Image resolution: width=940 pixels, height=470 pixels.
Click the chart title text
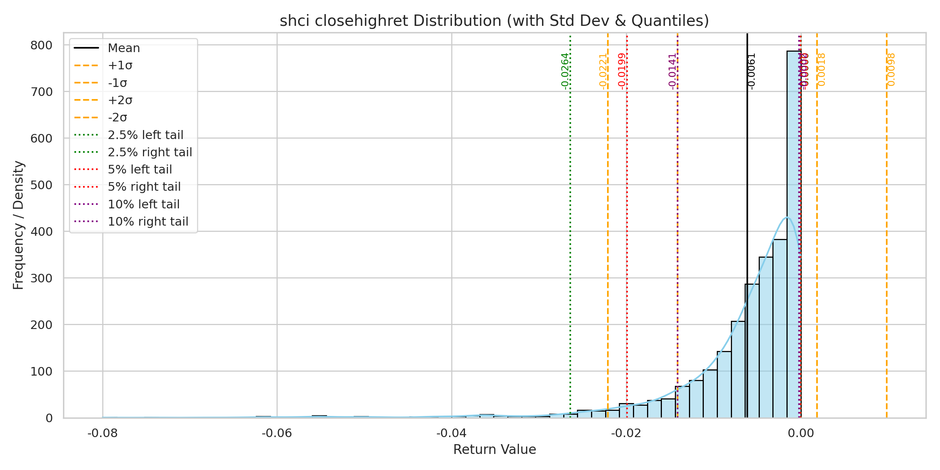[494, 21]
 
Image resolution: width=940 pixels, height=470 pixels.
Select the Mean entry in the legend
[124, 48]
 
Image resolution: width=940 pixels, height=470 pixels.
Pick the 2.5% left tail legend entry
[145, 135]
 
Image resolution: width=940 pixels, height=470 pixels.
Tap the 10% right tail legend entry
[148, 222]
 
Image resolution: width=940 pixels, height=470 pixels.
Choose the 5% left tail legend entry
[140, 170]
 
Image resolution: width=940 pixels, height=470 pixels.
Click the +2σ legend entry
[120, 100]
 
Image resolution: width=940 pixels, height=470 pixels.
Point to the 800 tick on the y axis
[41, 45]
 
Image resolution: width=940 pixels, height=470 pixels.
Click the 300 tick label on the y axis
[41, 278]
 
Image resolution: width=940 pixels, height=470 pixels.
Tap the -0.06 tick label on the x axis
[277, 433]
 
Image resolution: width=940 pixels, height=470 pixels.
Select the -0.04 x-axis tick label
[452, 433]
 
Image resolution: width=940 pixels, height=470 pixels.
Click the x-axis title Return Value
[494, 450]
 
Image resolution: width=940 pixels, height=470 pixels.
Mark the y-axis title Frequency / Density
[18, 225]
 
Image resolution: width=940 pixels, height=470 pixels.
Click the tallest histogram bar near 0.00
[794, 235]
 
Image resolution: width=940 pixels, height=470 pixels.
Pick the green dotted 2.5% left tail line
[570, 235]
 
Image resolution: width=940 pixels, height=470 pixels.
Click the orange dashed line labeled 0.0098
[887, 235]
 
